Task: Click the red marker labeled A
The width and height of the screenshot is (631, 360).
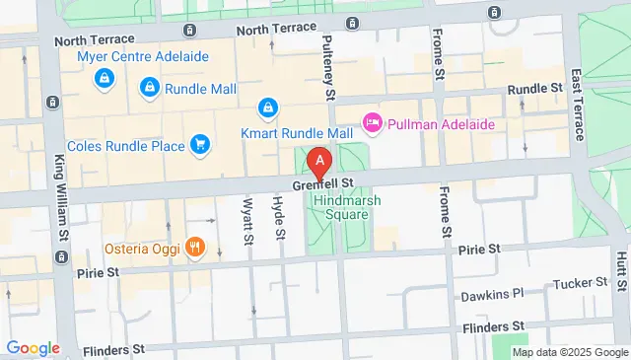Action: [319, 161]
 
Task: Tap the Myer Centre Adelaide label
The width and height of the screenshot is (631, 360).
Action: [143, 56]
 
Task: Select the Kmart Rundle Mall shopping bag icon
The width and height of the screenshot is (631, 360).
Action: [266, 107]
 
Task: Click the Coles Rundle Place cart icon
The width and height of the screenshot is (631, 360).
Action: [200, 146]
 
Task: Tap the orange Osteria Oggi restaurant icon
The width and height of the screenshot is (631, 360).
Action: [195, 247]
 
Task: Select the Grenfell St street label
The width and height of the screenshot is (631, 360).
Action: [323, 185]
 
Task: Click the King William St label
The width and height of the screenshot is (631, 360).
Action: [61, 203]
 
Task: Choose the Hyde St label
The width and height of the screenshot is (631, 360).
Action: [279, 218]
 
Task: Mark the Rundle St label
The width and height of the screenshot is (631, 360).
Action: [534, 90]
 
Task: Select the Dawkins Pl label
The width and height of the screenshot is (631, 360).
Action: [490, 295]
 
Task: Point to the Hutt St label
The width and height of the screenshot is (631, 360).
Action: [620, 269]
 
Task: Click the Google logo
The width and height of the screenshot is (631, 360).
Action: [33, 348]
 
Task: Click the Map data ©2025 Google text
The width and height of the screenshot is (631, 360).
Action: [570, 352]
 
